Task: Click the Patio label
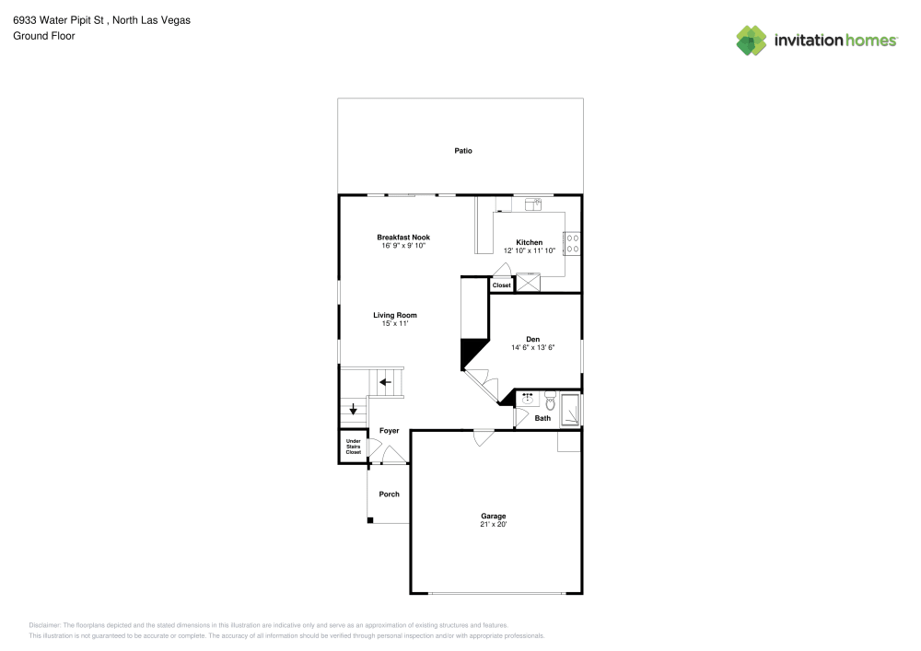(462, 150)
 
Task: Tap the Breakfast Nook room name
(402, 238)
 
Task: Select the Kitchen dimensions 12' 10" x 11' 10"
(529, 250)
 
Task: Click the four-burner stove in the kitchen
(572, 243)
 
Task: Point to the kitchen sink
(533, 203)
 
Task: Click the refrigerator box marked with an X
(529, 283)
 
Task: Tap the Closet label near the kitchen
(501, 285)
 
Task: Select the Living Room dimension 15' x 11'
(394, 323)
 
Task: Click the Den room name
(532, 339)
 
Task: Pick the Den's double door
(482, 382)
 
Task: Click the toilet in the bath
(550, 401)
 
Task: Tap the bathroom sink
(529, 400)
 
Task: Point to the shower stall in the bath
(571, 410)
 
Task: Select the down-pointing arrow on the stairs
(353, 410)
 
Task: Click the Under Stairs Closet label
(353, 447)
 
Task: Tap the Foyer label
(389, 431)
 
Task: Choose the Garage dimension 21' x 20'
(493, 524)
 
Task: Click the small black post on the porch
(370, 521)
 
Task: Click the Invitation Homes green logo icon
(751, 40)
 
